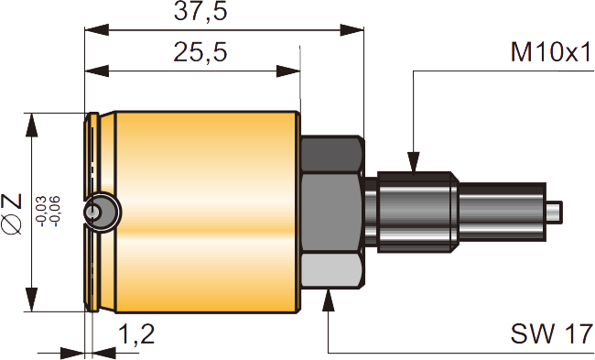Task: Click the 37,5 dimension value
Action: [x=200, y=11]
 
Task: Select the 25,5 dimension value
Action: [x=200, y=52]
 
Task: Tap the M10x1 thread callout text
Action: [x=551, y=52]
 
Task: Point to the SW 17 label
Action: [x=551, y=333]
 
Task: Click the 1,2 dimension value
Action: [x=136, y=333]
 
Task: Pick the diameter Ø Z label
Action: [x=11, y=213]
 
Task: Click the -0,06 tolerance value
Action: [x=55, y=212]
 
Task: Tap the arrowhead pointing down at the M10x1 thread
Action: [x=413, y=162]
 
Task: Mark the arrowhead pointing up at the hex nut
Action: [x=329, y=300]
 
